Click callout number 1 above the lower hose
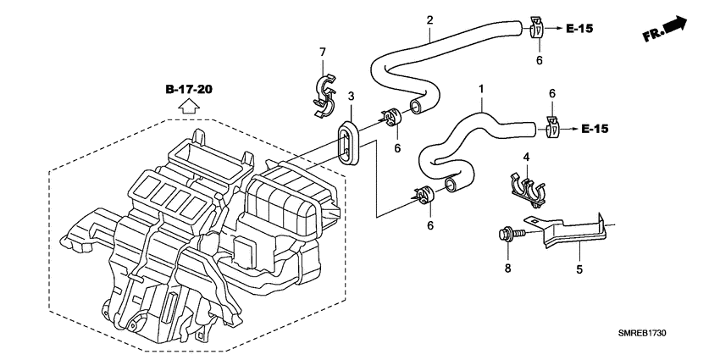[x=481, y=88]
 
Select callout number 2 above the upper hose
[x=429, y=19]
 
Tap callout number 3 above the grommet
[x=350, y=97]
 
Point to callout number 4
[x=526, y=157]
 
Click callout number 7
[x=322, y=53]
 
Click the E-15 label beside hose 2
[x=579, y=29]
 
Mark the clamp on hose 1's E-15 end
[x=552, y=129]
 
